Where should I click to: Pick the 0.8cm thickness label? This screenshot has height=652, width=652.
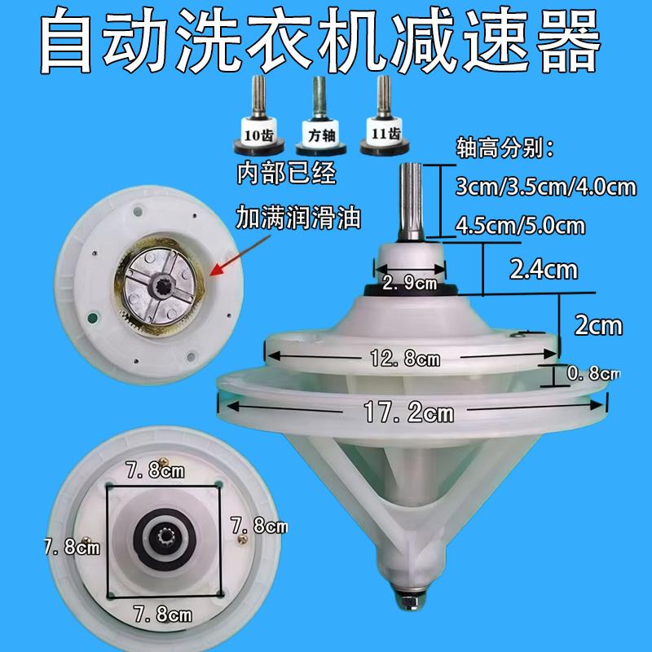pos(593,373)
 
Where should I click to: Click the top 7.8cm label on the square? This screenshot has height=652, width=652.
pos(154,470)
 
